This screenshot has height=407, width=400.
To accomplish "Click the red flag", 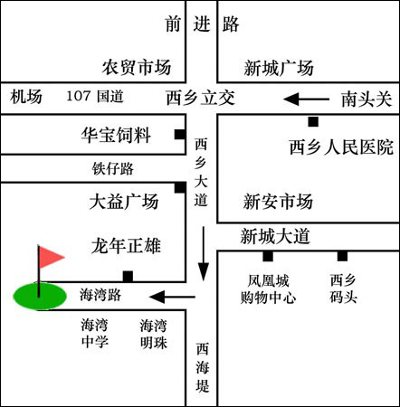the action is [51, 257].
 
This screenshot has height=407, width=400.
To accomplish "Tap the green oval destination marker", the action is [40, 296].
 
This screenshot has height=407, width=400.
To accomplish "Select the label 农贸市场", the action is [137, 68].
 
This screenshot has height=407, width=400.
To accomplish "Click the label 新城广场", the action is [279, 68].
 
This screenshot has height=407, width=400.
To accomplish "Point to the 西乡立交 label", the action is [201, 98].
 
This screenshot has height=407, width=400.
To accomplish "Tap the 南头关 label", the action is [367, 99].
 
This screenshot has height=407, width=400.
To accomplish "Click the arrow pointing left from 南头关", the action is [306, 99].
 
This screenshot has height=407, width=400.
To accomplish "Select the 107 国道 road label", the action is [95, 97].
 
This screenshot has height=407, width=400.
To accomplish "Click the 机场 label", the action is [26, 97].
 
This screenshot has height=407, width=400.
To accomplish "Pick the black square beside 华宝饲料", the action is [180, 135].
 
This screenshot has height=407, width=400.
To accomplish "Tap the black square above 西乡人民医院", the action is [313, 122].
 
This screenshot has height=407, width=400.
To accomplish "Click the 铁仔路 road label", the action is [113, 168].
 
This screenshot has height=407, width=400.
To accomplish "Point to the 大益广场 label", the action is [124, 202].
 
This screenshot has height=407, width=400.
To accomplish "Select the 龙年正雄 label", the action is [126, 246].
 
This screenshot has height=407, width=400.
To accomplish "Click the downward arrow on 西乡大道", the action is [204, 253].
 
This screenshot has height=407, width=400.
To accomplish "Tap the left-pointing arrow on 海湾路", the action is [172, 297].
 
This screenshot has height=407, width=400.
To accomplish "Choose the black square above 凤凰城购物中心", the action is [268, 256].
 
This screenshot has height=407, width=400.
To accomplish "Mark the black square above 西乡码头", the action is [342, 256].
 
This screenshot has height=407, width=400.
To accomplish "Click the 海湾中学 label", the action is [94, 334].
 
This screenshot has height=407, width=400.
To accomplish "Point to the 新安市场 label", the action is [278, 202].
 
